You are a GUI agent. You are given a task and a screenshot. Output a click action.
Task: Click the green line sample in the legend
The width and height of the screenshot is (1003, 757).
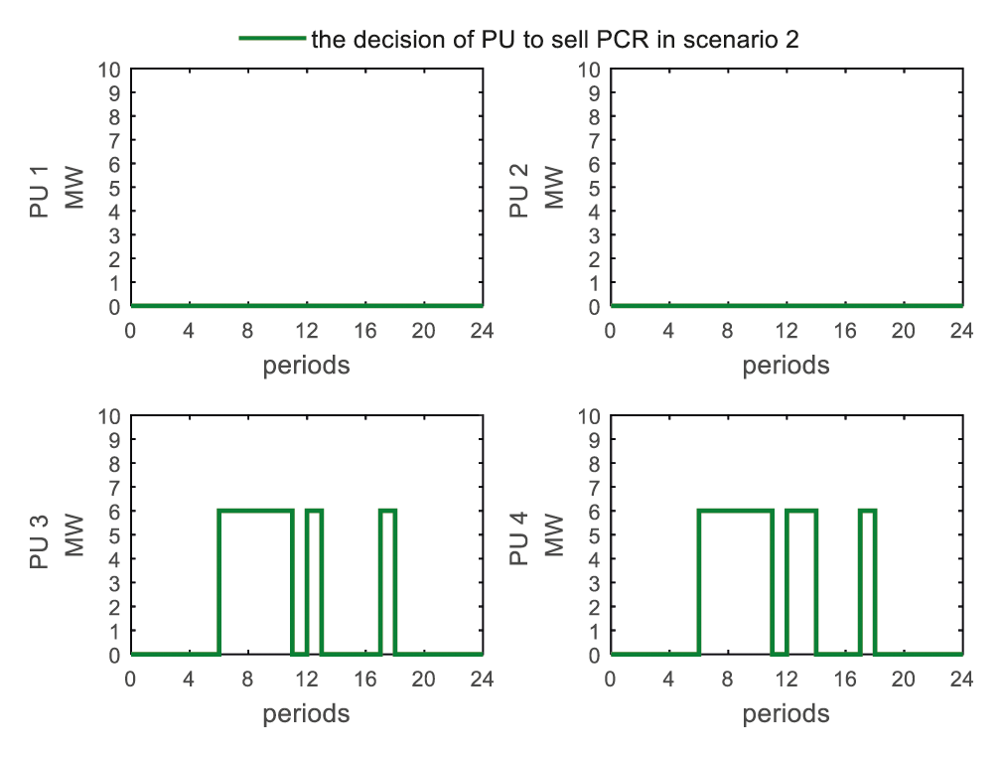click(x=271, y=39)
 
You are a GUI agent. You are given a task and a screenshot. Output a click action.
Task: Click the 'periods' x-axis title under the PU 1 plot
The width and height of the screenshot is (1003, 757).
click(x=306, y=366)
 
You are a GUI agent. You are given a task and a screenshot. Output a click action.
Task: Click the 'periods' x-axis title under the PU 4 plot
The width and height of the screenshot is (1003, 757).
click(x=786, y=713)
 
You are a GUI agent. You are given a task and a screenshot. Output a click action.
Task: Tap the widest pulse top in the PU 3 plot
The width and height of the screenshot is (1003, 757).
click(x=255, y=511)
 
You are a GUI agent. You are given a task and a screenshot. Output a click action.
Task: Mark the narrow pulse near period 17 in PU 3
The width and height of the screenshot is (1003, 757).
click(x=387, y=511)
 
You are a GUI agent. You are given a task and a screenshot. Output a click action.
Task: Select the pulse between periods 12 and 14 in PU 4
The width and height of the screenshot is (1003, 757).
click(x=800, y=511)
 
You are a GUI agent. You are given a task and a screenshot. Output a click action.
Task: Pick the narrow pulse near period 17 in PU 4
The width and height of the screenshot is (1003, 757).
click(x=867, y=511)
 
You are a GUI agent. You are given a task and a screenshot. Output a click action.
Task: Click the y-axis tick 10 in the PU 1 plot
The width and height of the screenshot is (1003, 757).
click(x=109, y=70)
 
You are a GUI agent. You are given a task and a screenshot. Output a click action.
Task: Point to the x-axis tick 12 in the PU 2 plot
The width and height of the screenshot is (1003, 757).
click(x=786, y=331)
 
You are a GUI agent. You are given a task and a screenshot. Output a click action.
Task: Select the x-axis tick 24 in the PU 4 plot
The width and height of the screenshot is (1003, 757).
click(x=961, y=680)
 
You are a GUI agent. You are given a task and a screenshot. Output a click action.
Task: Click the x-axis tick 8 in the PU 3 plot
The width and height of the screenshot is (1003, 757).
click(x=247, y=680)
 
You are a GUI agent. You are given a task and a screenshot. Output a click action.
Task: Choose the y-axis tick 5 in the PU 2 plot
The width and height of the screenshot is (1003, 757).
click(x=595, y=188)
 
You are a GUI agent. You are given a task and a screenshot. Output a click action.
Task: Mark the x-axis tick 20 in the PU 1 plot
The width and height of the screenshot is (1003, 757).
click(x=423, y=331)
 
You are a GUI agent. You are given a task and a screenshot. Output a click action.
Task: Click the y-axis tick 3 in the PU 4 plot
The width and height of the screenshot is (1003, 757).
click(x=595, y=583)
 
